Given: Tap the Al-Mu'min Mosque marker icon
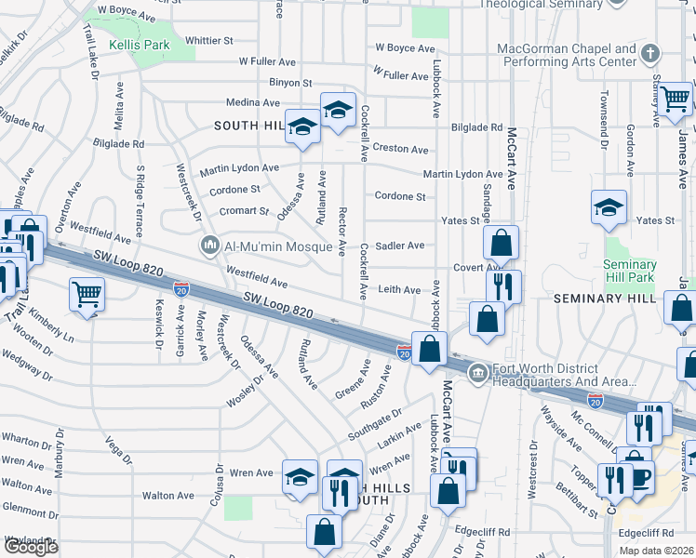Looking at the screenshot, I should pos(210,246).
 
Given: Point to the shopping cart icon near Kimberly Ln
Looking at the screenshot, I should pos(87,295).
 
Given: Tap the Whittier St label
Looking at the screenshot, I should pos(209,41).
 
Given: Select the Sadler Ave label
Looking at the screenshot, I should pos(402,246).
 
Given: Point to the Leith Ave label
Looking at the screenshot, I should pos(400,290).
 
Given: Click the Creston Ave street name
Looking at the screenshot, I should pos(400,149).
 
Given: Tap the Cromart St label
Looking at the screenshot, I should pos(244,211).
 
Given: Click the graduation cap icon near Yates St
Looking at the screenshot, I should pos(609,206).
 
